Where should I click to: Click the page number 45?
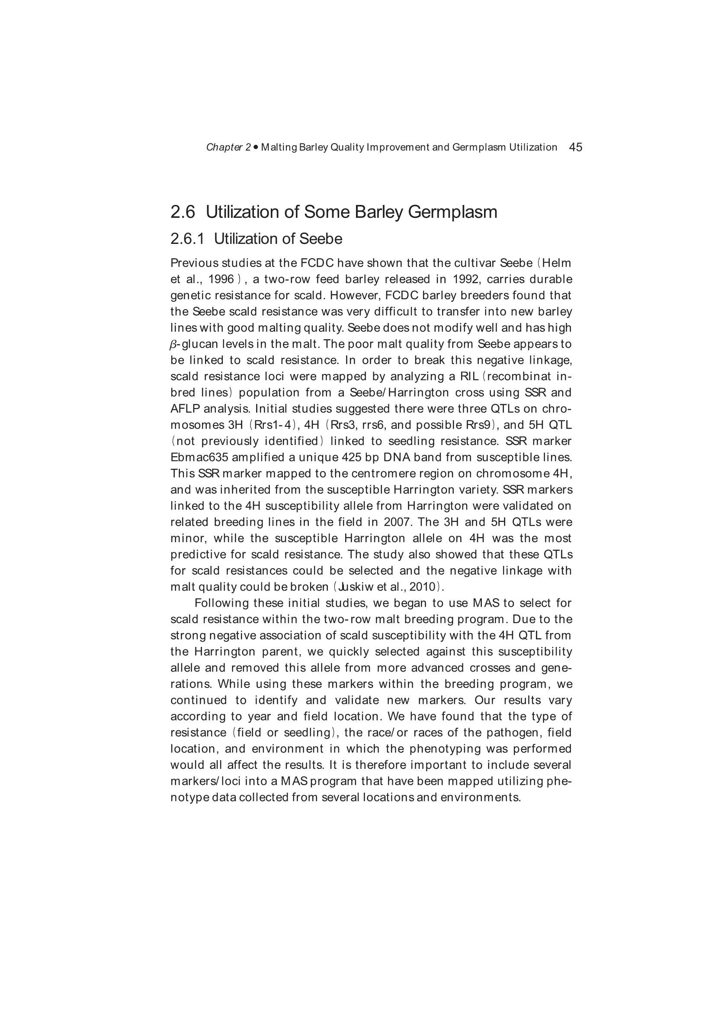coord(575,147)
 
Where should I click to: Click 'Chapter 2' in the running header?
coord(228,147)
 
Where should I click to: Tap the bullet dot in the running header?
coord(256,147)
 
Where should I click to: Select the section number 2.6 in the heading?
coord(183,212)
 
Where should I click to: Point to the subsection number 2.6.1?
coord(187,239)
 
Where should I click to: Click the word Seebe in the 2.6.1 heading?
coord(321,239)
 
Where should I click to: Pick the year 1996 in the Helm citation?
coord(221,279)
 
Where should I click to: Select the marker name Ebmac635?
coord(199,458)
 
